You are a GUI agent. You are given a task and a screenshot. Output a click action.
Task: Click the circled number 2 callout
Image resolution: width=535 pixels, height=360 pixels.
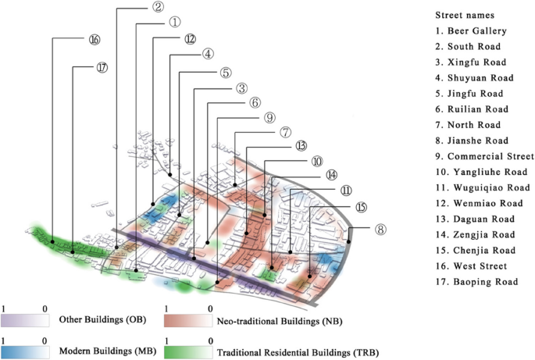[158, 7]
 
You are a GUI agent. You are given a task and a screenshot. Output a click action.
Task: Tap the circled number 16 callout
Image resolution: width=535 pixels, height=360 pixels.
[95, 39]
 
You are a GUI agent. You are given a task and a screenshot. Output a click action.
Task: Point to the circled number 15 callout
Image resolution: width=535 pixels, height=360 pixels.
[360, 207]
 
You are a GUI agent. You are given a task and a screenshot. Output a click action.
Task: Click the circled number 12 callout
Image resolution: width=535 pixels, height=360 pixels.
[191, 39]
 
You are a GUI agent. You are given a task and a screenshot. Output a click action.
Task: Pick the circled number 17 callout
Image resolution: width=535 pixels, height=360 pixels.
[102, 68]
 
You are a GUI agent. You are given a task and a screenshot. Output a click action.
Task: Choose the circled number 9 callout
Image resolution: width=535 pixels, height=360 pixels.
[269, 118]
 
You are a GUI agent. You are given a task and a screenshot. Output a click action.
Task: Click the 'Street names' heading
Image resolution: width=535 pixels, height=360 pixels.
[464, 15]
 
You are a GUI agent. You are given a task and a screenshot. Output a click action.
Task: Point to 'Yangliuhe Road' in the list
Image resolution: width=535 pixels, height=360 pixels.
[483, 172]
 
